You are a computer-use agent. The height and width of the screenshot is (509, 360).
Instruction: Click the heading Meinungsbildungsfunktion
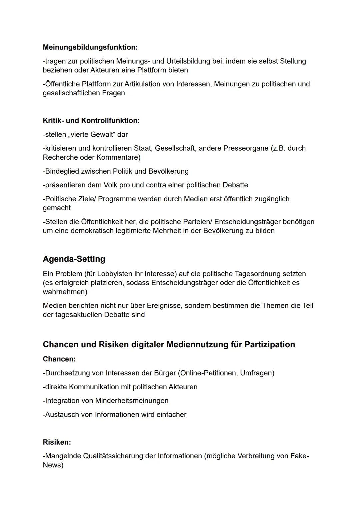coord(90,47)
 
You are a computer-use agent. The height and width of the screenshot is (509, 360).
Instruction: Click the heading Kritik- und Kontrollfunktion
coord(91,121)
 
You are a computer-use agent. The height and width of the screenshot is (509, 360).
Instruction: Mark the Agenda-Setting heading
coord(74,259)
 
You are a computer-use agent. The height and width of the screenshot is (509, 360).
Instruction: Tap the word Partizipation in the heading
coord(270,345)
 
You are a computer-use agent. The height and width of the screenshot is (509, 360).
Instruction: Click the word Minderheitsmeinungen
coord(132,401)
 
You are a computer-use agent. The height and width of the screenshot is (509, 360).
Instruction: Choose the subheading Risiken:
coord(57,442)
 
